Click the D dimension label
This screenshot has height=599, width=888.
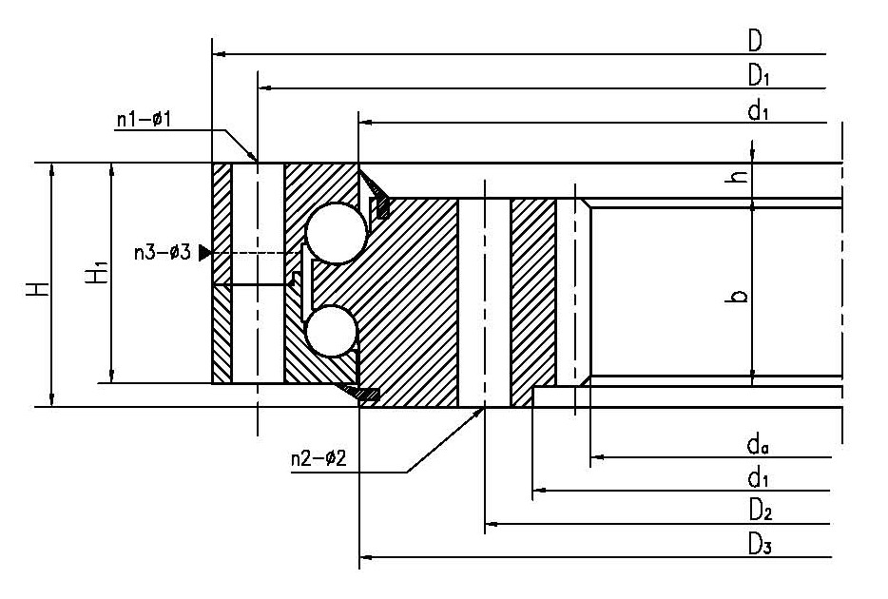[755, 41]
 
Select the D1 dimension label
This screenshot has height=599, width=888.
[758, 75]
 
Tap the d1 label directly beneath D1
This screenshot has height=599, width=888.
[758, 110]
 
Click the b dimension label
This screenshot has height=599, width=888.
[741, 296]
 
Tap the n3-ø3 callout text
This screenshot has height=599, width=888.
[162, 253]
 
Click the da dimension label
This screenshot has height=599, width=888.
[758, 445]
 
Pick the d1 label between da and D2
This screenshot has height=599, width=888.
[758, 478]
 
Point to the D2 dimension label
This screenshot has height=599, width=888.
[759, 512]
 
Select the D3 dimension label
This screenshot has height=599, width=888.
[759, 545]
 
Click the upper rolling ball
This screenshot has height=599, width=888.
[336, 232]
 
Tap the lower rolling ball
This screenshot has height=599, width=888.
[331, 330]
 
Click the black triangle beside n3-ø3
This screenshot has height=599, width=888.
[204, 253]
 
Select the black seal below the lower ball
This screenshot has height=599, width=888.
[366, 393]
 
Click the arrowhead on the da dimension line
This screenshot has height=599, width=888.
[597, 458]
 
